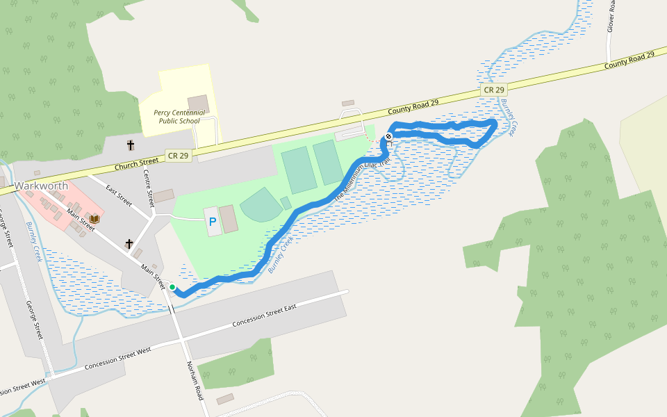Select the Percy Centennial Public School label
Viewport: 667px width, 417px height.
pos(176,116)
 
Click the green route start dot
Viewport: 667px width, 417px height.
pos(172,286)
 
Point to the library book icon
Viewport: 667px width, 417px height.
pos(94,219)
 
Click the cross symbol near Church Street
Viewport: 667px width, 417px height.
pos(130,145)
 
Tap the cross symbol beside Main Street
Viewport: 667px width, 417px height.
pos(129,244)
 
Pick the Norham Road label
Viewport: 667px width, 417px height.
pos(196,380)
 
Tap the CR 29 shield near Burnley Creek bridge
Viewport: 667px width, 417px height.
pos(494,90)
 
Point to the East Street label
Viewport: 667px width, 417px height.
pos(119,197)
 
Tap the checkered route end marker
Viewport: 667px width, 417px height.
pos(388,136)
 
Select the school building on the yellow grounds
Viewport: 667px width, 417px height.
pos(197,104)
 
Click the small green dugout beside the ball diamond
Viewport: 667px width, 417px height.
pos(286,203)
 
